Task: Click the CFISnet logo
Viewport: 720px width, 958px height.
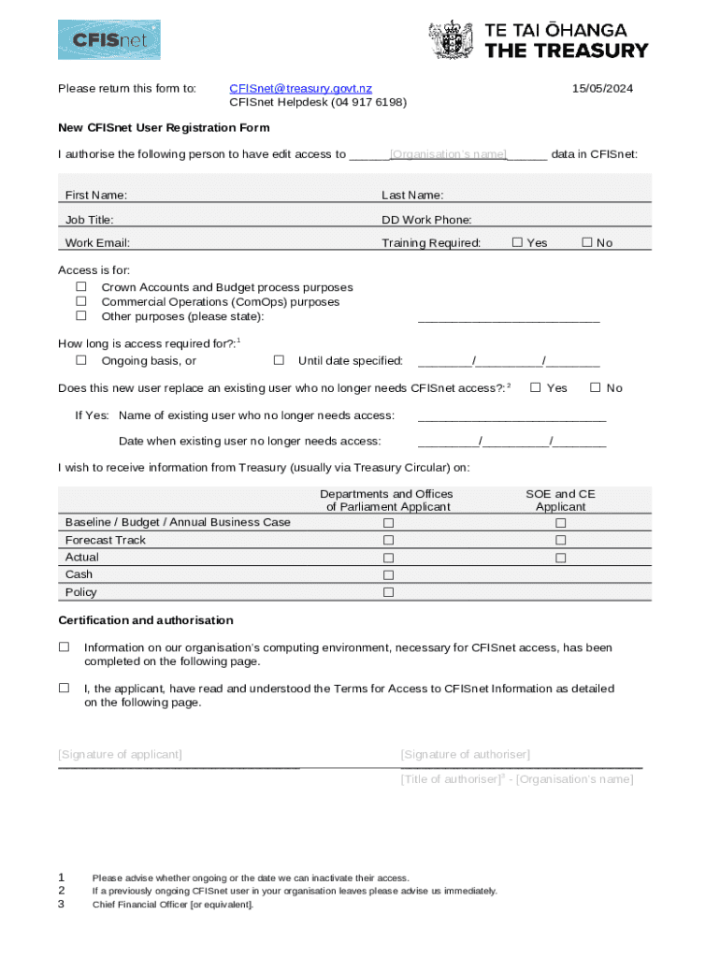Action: [108, 40]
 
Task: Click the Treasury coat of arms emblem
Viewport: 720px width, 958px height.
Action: [451, 40]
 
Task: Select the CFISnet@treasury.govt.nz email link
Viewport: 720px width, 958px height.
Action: [300, 88]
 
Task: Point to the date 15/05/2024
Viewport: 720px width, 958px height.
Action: [602, 88]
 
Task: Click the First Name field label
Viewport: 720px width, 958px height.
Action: [96, 196]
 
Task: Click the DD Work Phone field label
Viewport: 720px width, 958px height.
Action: [426, 220]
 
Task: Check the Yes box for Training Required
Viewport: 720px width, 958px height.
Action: [517, 242]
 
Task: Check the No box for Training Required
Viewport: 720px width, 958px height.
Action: [587, 242]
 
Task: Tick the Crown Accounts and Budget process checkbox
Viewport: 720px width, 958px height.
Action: [81, 286]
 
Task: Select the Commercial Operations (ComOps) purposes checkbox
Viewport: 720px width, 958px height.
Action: [81, 301]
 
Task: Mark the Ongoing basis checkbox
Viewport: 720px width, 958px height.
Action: [81, 360]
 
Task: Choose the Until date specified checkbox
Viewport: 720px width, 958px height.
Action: [279, 360]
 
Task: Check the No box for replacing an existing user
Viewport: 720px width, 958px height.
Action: [595, 386]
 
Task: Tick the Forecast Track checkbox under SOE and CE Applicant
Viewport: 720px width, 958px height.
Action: [561, 540]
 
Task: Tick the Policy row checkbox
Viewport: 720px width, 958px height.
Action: [388, 592]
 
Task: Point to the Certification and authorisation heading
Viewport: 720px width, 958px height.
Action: [146, 620]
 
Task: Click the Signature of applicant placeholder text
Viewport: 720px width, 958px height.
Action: [120, 754]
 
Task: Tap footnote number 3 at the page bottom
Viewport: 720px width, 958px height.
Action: [62, 905]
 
